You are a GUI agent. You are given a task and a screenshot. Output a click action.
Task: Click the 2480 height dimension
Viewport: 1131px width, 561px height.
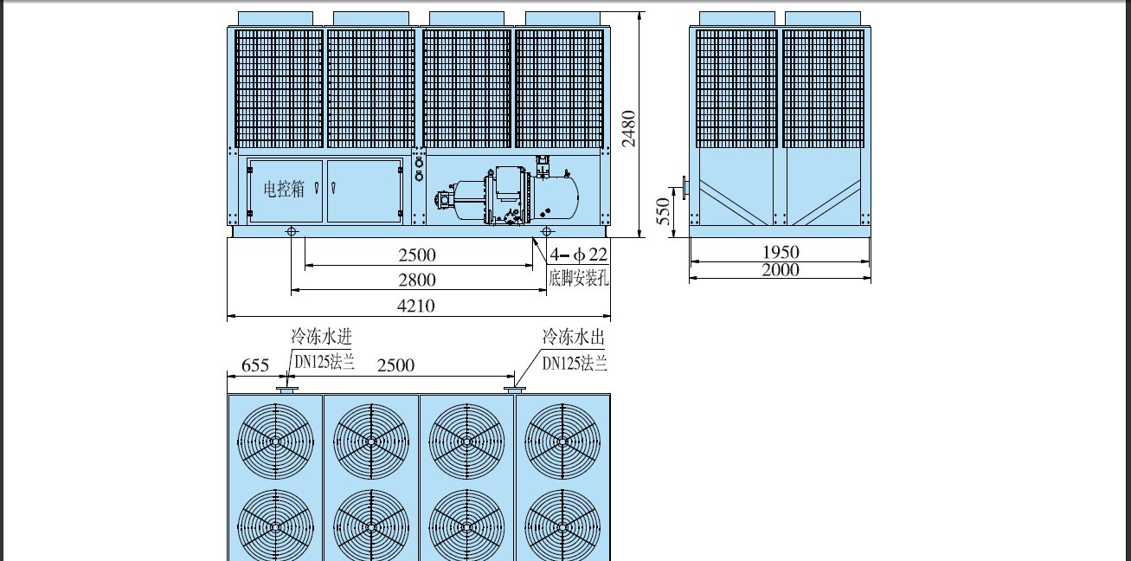tap(628, 129)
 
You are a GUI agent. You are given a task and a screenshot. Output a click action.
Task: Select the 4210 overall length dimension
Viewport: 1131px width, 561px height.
tap(416, 306)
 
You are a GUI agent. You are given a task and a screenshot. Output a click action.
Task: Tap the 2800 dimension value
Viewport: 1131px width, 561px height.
tap(417, 280)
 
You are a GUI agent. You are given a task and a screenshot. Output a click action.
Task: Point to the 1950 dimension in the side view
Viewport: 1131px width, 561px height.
tap(781, 252)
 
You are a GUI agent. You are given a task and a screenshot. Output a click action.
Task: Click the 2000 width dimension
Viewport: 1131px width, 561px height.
tap(781, 270)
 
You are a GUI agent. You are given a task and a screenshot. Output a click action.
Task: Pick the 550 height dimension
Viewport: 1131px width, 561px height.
tap(663, 211)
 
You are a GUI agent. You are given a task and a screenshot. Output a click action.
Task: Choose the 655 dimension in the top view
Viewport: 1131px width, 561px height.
tap(255, 365)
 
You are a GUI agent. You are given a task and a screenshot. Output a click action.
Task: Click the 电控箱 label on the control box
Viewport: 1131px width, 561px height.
tap(285, 189)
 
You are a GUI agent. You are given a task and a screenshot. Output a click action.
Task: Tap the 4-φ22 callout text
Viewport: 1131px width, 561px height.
tap(579, 255)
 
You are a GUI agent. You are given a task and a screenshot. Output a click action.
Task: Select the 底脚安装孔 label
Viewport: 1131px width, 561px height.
tap(579, 278)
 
